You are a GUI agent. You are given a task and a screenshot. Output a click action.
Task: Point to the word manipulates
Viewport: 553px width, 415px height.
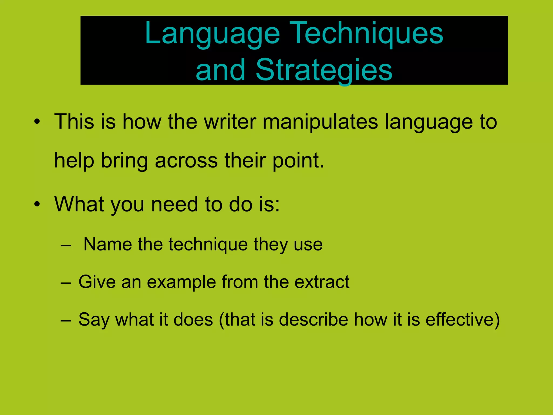tap(320, 122)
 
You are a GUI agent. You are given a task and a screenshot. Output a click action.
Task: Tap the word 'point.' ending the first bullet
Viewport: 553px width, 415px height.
tap(298, 160)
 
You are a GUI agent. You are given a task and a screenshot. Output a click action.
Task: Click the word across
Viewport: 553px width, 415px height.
tap(186, 160)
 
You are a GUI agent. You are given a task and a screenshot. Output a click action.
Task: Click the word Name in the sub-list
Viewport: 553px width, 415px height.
tap(107, 245)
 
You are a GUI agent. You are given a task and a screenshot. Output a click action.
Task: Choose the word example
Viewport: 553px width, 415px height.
tap(181, 282)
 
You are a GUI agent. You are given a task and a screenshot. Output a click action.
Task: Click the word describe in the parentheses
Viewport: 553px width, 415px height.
tap(313, 320)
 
